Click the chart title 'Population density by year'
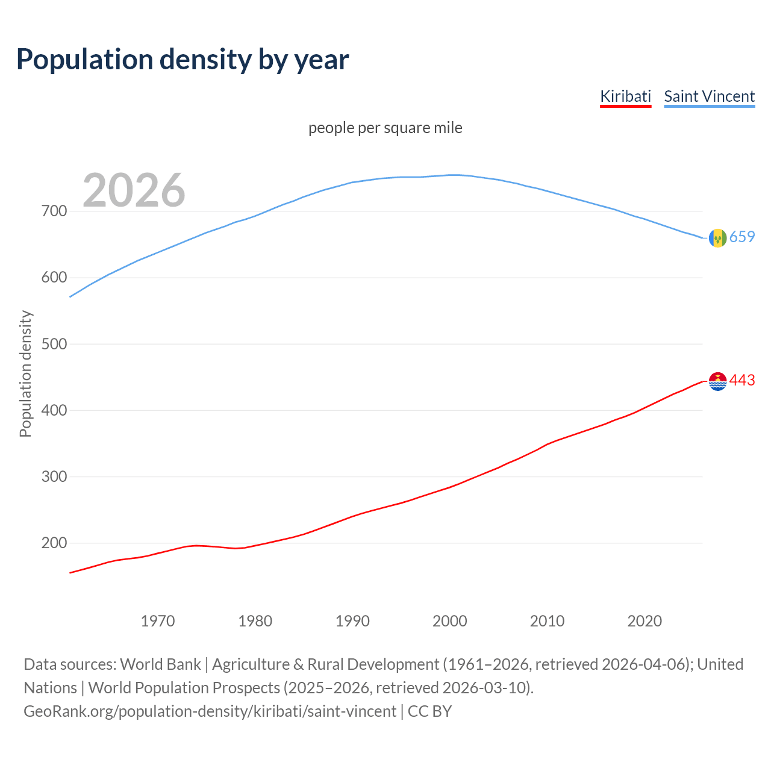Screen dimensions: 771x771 (x=183, y=60)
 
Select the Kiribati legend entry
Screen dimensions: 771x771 (x=625, y=96)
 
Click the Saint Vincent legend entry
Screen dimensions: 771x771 (x=709, y=96)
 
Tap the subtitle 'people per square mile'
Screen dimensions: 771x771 (x=385, y=128)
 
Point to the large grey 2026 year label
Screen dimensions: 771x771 (x=134, y=190)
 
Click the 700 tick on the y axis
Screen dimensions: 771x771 (x=54, y=211)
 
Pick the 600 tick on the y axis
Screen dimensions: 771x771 (x=54, y=278)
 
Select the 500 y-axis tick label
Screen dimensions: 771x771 (x=54, y=344)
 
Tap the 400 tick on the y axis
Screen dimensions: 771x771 (x=54, y=410)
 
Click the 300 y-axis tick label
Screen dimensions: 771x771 (x=54, y=476)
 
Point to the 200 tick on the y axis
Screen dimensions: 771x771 (x=54, y=543)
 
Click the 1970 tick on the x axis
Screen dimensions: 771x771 (x=158, y=621)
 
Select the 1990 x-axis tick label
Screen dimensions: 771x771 (x=352, y=621)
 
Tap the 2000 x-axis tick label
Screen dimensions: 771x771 (x=450, y=621)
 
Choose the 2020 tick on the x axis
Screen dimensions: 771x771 (x=645, y=621)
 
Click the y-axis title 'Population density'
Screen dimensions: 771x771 (x=25, y=373)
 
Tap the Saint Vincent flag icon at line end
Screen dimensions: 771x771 (x=717, y=238)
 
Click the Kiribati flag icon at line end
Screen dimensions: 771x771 (x=717, y=381)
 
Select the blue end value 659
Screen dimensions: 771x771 (x=742, y=237)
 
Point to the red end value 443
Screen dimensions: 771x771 (x=742, y=381)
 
